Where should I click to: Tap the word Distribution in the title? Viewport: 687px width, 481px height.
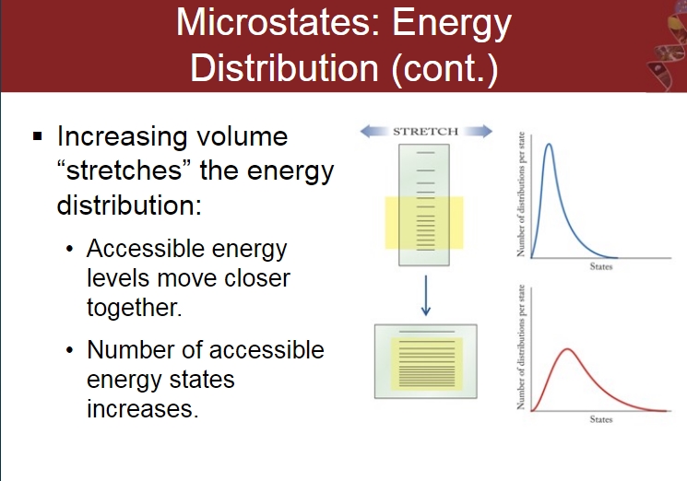click(x=284, y=68)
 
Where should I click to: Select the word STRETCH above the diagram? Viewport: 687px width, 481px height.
click(x=425, y=131)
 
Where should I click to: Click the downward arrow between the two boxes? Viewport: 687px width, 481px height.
click(x=425, y=296)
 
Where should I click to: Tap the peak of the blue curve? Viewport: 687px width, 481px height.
click(x=549, y=144)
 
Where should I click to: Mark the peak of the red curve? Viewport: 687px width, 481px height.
click(x=567, y=349)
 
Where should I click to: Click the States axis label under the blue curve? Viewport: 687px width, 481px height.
click(x=600, y=266)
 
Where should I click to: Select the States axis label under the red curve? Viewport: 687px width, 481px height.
click(x=600, y=419)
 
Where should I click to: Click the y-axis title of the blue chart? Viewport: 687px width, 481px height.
click(x=521, y=194)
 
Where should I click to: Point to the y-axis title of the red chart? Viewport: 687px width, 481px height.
click(x=521, y=347)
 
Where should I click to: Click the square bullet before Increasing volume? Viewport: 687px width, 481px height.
click(x=38, y=136)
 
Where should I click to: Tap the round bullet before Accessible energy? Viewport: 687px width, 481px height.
click(x=69, y=249)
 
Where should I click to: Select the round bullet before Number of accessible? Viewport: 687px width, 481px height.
click(x=69, y=350)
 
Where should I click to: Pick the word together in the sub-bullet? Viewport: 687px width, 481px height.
click(x=134, y=308)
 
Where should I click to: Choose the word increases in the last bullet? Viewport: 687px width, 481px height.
click(x=142, y=409)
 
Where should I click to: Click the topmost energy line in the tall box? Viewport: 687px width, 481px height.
click(x=425, y=153)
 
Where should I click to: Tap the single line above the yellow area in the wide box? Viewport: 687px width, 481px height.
click(x=426, y=332)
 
